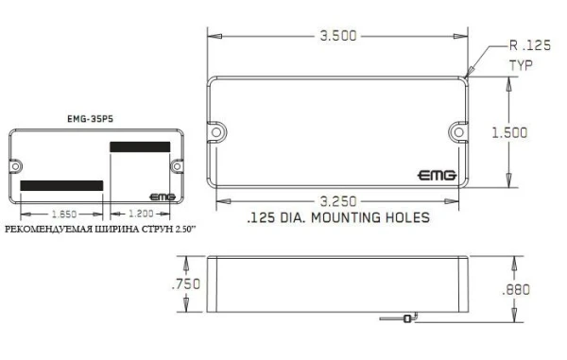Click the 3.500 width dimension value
point(338,36)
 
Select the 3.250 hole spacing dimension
point(338,201)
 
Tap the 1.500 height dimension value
point(509,132)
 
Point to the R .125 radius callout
point(530,45)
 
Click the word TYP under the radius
point(521,65)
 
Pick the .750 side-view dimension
point(185,284)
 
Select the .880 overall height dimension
point(516,289)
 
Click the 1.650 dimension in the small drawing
point(64,214)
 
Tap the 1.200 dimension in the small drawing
point(141,214)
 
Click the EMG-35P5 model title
point(90,119)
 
